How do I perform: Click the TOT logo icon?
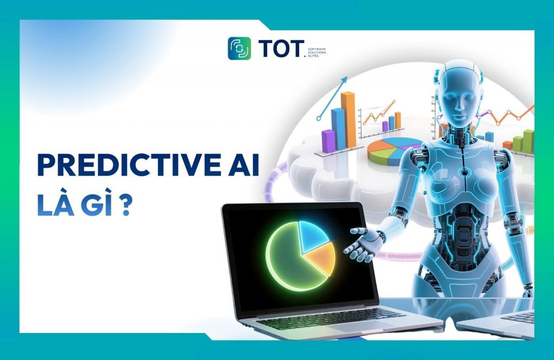pos(239,48)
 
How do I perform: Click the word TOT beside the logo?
pos(281,48)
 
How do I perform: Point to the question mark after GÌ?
pos(126,206)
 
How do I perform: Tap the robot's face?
pos(459,103)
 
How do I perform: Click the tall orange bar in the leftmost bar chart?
pos(348,119)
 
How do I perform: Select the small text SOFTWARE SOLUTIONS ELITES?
pos(316,52)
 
